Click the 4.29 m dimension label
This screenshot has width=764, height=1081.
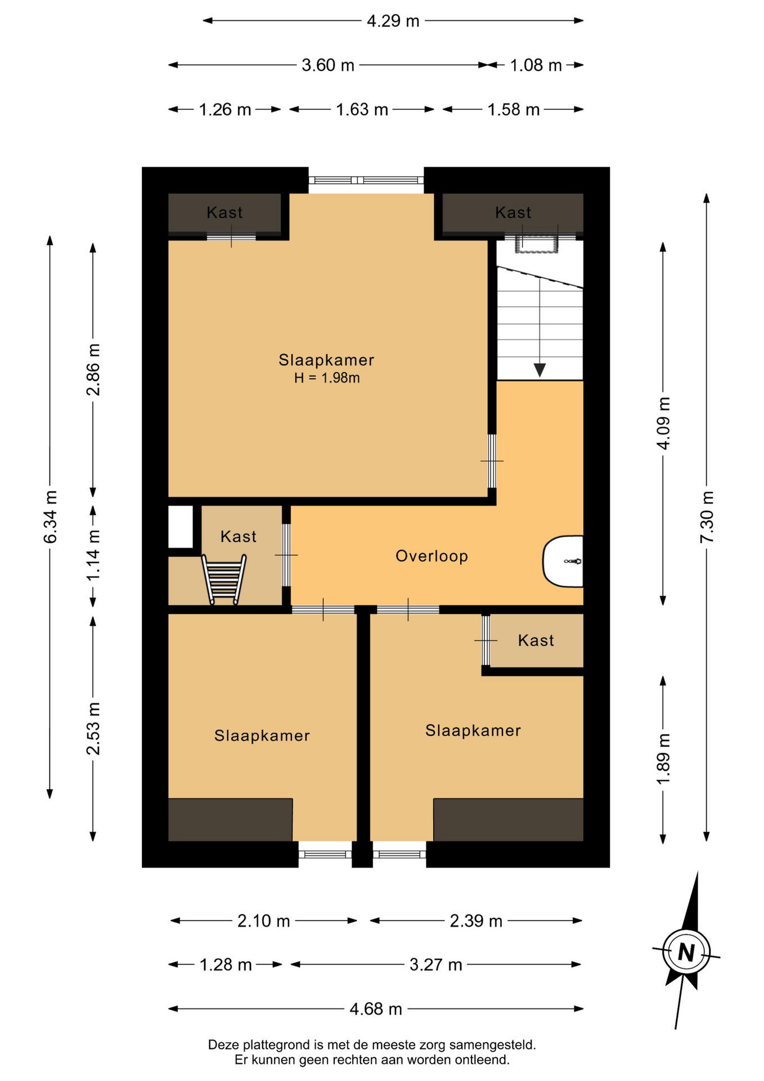click(x=393, y=21)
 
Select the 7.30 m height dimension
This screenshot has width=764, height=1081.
click(x=707, y=517)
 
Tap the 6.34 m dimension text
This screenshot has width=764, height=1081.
click(x=50, y=517)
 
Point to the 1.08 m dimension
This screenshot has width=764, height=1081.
click(x=536, y=65)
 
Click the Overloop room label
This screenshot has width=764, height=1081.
click(x=432, y=556)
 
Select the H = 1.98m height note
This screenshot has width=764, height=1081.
click(x=327, y=378)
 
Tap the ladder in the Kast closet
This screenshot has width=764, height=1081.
click(x=224, y=579)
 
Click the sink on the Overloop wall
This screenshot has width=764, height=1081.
click(x=563, y=561)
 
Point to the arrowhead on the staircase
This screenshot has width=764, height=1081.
click(x=540, y=370)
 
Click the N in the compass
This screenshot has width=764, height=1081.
click(x=686, y=952)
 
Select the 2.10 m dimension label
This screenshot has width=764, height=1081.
click(x=263, y=921)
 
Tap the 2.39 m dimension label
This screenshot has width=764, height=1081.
click(x=476, y=921)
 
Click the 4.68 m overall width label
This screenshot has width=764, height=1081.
click(x=376, y=1009)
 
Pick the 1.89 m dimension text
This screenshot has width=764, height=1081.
click(x=663, y=759)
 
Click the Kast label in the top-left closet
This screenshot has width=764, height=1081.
click(x=224, y=212)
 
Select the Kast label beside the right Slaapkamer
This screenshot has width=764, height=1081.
click(x=536, y=640)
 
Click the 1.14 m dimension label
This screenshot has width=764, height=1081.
click(x=93, y=556)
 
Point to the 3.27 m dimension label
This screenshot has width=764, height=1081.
click(x=435, y=965)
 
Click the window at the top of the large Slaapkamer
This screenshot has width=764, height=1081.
click(x=366, y=180)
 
